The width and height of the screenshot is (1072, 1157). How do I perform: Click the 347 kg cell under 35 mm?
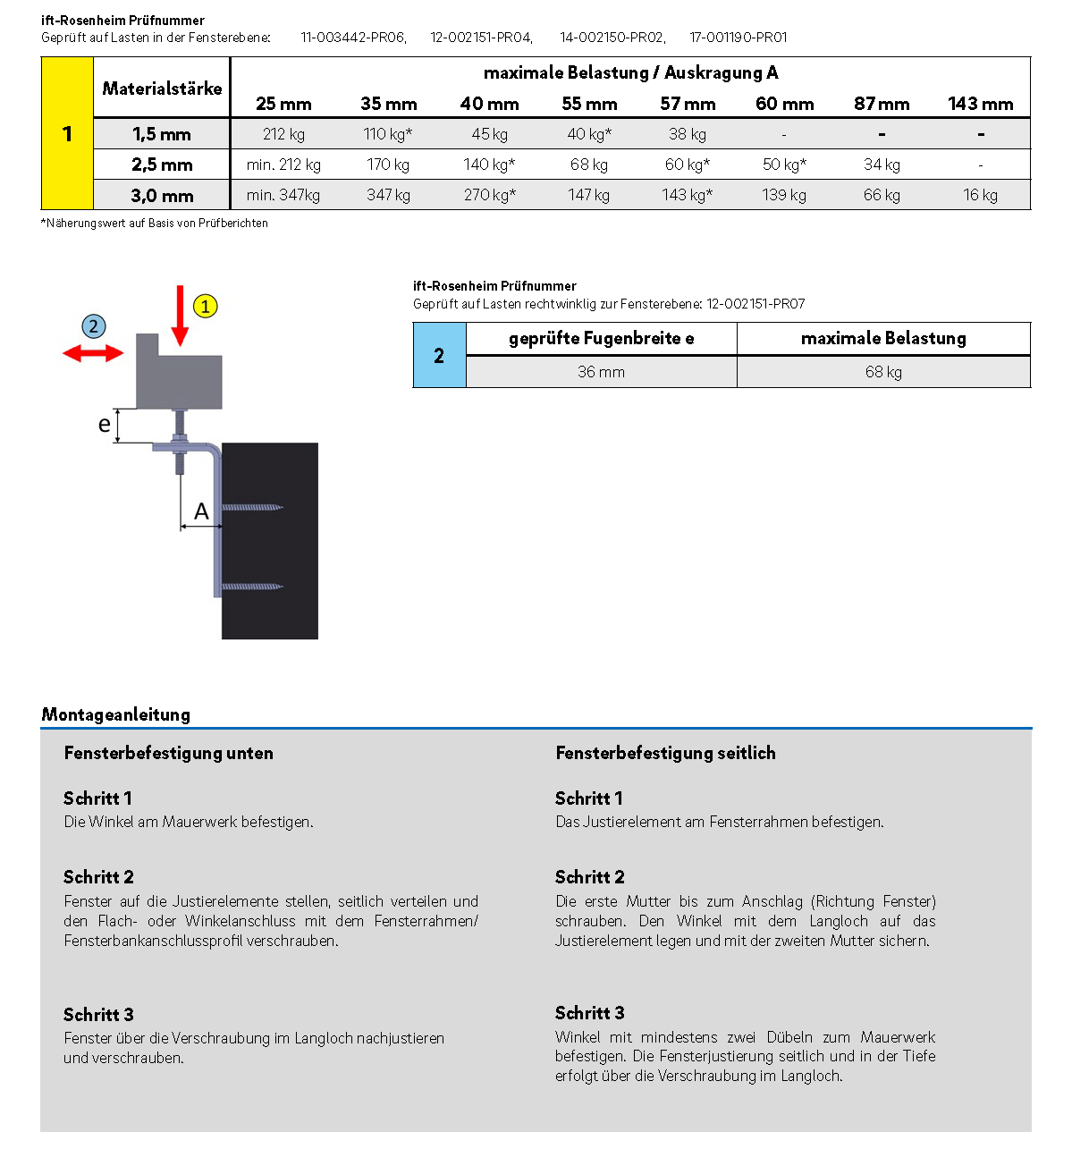388,195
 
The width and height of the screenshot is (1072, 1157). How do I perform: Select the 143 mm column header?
981,104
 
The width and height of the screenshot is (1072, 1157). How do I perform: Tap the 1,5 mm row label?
162,134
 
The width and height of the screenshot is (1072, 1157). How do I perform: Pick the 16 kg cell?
980,195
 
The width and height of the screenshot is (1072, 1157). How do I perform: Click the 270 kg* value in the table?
489,195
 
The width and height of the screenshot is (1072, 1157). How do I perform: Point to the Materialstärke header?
162,89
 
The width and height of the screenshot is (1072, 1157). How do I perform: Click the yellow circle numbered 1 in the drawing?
205,307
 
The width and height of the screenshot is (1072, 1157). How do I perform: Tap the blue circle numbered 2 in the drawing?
93,326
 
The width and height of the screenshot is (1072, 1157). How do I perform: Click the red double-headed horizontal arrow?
93,354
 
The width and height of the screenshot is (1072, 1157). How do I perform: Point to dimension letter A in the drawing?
201,511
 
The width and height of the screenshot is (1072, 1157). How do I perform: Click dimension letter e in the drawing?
105,425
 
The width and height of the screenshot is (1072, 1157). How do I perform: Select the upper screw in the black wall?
253,508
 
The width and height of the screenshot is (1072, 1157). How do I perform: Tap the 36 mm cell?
601,372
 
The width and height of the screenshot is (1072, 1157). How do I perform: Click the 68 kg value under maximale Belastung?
883,372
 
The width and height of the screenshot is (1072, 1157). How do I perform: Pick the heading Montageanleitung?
115,714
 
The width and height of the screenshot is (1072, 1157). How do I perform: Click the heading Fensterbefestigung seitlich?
665,753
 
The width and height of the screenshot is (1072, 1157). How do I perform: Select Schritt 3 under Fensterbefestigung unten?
98,1015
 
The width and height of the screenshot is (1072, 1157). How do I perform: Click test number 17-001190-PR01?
739,38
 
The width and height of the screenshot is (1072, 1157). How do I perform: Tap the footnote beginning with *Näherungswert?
155,224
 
